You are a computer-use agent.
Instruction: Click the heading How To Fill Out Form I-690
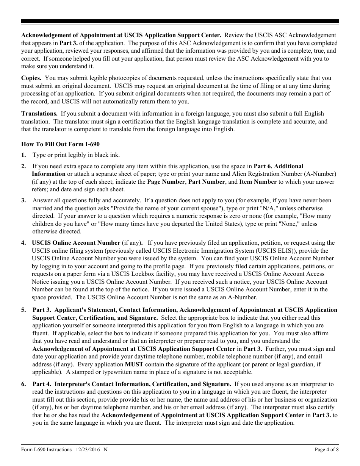[x=60, y=144]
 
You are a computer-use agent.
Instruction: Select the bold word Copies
[x=31, y=78]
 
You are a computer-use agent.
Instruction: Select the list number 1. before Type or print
[x=23, y=155]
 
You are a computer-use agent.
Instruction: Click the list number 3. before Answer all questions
[x=23, y=200]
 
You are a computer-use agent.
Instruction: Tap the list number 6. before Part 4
[x=23, y=384]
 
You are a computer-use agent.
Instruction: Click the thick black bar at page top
[x=180, y=22]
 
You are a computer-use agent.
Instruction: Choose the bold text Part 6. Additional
[x=279, y=166]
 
